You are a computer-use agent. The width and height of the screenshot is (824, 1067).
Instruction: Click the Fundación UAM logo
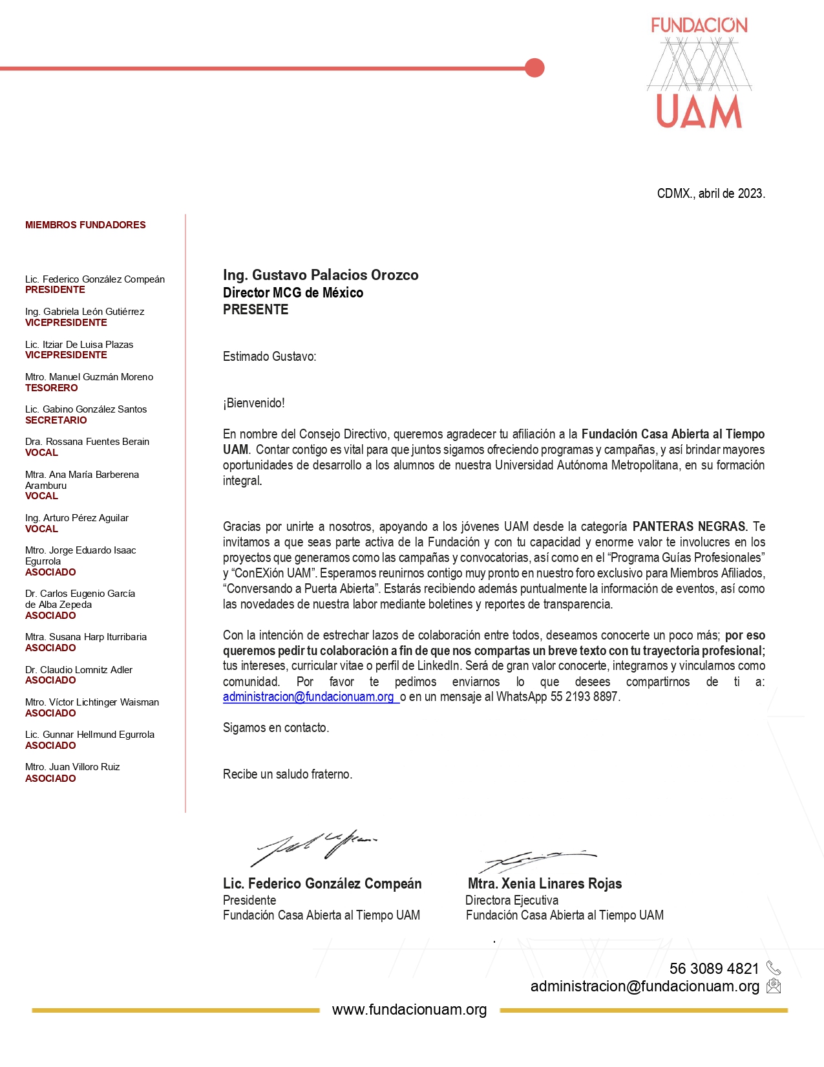click(699, 72)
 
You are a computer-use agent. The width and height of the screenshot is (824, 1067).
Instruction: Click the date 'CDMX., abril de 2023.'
click(710, 193)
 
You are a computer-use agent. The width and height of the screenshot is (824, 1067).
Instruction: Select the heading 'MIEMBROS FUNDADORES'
click(85, 225)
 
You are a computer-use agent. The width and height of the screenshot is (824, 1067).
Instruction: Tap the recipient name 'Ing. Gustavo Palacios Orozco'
click(321, 275)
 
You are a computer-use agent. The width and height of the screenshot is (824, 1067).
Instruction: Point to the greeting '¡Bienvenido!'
click(254, 403)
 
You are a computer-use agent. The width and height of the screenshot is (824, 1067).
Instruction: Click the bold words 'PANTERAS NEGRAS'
click(689, 526)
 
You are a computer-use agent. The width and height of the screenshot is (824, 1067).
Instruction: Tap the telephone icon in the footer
click(774, 968)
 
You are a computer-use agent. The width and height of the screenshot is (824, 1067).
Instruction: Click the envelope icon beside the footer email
click(774, 986)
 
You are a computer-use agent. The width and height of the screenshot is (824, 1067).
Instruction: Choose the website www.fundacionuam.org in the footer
click(409, 1009)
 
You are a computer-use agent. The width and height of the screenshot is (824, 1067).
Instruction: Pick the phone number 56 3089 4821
click(713, 968)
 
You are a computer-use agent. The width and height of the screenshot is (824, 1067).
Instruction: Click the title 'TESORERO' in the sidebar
click(52, 388)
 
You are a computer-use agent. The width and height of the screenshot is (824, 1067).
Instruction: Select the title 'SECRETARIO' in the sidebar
click(56, 420)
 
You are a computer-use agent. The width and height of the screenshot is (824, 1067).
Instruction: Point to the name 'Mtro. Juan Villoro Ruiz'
click(72, 767)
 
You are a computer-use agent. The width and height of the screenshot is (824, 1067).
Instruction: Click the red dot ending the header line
click(534, 67)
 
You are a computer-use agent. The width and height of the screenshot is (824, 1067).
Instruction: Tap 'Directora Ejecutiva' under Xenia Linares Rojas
click(512, 900)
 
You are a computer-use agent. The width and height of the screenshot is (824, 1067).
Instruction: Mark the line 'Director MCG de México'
click(293, 293)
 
